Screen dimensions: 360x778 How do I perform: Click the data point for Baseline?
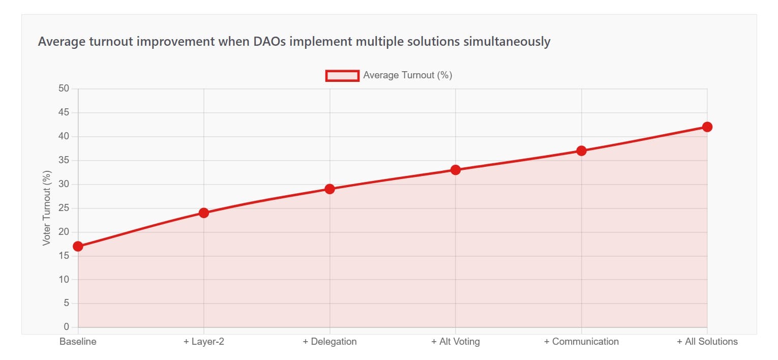(x=78, y=247)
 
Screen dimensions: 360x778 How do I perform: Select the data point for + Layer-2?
(x=204, y=213)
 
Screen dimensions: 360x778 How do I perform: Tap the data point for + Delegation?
(x=330, y=189)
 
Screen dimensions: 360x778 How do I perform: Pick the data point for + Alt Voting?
(x=456, y=170)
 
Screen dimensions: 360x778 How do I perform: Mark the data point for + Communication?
(x=581, y=151)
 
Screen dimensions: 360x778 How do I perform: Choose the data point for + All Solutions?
(x=707, y=127)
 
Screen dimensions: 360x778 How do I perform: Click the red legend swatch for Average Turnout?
(x=342, y=76)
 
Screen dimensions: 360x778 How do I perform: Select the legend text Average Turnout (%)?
(x=407, y=75)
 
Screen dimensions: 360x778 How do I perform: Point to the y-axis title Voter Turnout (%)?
(x=47, y=208)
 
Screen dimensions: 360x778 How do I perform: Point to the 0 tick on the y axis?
(x=66, y=327)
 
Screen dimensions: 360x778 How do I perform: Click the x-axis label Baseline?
(x=78, y=342)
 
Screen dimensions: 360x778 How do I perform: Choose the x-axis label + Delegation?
(x=330, y=342)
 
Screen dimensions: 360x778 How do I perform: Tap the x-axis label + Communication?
(x=581, y=342)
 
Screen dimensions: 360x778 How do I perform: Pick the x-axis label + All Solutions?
(x=707, y=342)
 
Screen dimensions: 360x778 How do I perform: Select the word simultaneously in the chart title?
(x=507, y=42)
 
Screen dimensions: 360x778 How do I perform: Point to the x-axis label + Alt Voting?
(x=456, y=342)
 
